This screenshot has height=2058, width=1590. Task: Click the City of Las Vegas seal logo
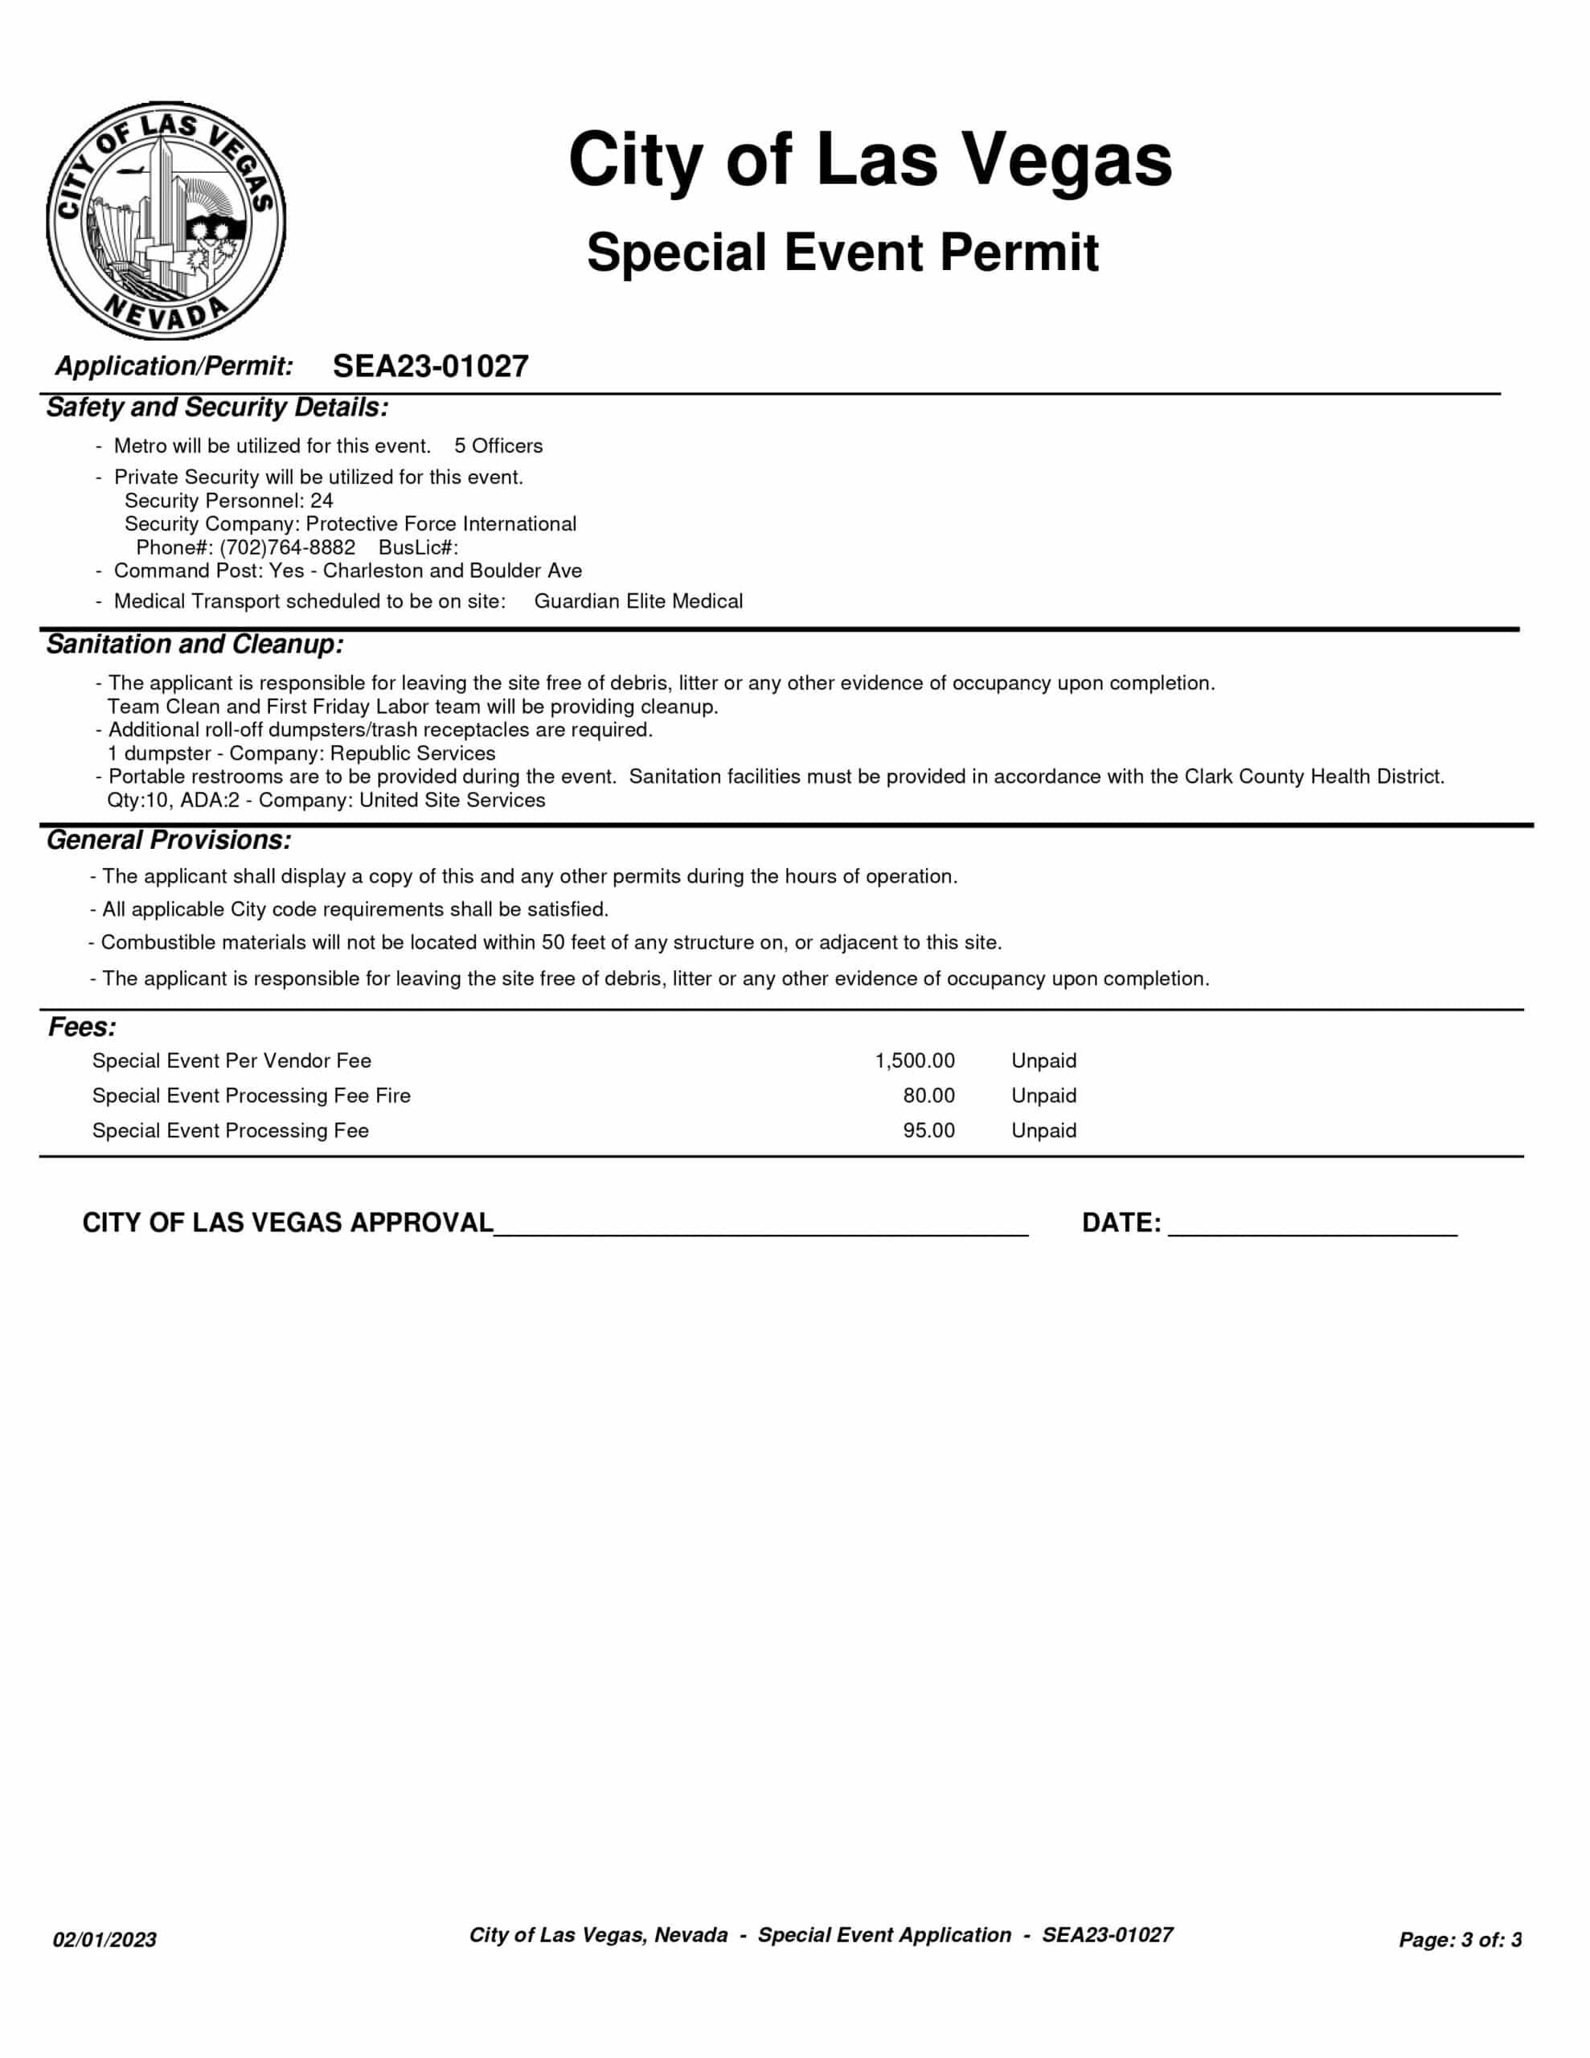click(166, 221)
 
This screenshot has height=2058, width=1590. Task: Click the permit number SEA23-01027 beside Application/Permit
click(431, 366)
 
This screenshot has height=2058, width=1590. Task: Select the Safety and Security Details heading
click(217, 408)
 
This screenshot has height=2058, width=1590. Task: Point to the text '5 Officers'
click(498, 445)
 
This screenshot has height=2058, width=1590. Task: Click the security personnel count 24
click(322, 500)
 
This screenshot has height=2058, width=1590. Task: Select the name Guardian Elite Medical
click(638, 601)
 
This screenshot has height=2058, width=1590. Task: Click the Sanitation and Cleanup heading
click(195, 645)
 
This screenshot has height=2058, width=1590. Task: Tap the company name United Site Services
click(452, 800)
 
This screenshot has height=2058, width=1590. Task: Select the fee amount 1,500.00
click(914, 1061)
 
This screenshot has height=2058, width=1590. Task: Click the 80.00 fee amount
click(928, 1096)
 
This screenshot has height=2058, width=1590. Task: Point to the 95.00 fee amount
click(928, 1131)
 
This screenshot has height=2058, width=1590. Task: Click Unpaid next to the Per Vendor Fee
click(1043, 1061)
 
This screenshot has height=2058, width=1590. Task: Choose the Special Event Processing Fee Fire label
click(251, 1096)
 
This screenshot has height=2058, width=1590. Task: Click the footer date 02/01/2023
click(104, 1939)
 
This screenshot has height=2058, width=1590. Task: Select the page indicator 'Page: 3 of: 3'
click(1460, 1939)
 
